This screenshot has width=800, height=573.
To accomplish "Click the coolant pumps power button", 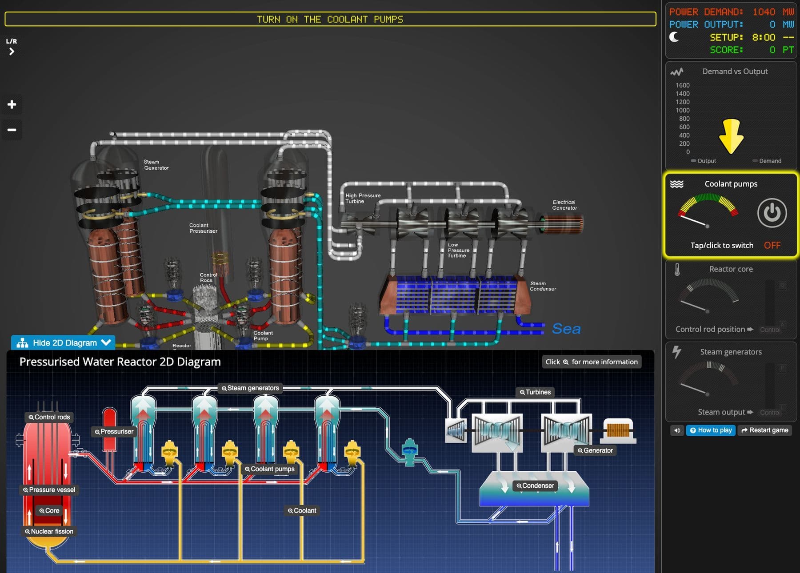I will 772,213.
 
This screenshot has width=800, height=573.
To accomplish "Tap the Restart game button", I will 764,430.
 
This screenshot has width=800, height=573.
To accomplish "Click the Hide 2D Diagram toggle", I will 63,343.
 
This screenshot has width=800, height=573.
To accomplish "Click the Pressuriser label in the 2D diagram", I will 114,431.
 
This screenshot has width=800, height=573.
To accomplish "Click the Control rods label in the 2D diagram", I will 49,417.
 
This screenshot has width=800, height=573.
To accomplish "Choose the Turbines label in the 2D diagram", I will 535,392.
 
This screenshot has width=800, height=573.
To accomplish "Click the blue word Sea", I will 566,329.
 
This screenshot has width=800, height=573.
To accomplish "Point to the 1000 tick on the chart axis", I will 683,110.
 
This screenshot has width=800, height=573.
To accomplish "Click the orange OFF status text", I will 772,245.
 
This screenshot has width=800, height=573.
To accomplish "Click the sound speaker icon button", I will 677,430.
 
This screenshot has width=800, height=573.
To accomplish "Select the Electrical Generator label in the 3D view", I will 564,205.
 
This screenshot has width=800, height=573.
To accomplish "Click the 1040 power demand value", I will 764,12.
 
